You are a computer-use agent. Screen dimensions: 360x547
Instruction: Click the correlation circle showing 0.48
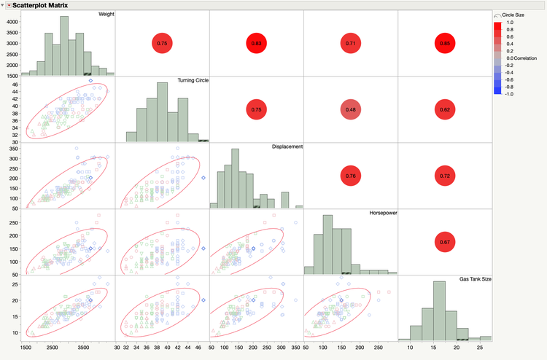[350, 110]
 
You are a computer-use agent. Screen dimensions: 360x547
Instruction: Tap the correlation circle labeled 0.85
[444, 44]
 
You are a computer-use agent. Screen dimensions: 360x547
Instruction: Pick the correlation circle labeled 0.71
[350, 44]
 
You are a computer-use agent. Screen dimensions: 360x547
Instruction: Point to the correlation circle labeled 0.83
[256, 44]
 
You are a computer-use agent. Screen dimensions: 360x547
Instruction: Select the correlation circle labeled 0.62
[444, 110]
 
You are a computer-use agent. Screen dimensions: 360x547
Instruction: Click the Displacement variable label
[284, 146]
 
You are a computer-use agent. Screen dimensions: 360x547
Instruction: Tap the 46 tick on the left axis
[15, 85]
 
